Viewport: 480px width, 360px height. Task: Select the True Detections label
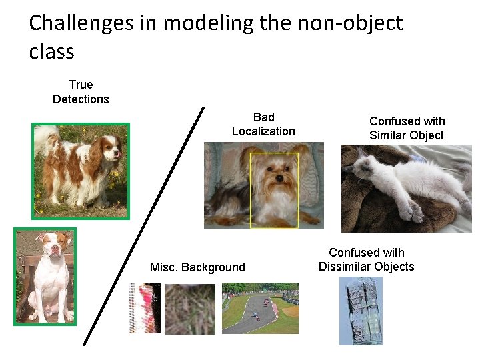(81, 92)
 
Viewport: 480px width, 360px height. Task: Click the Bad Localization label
(263, 124)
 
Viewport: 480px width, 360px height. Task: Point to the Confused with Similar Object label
(407, 128)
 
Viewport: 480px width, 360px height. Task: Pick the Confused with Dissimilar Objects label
(366, 259)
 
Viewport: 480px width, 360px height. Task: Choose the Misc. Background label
(197, 267)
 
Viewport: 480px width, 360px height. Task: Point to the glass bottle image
(361, 311)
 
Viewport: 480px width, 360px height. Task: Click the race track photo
(260, 308)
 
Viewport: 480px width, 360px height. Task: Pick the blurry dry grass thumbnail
(190, 309)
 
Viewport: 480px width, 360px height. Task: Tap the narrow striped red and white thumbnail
(144, 308)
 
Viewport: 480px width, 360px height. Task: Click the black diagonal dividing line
(143, 227)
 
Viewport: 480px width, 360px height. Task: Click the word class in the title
(51, 51)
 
